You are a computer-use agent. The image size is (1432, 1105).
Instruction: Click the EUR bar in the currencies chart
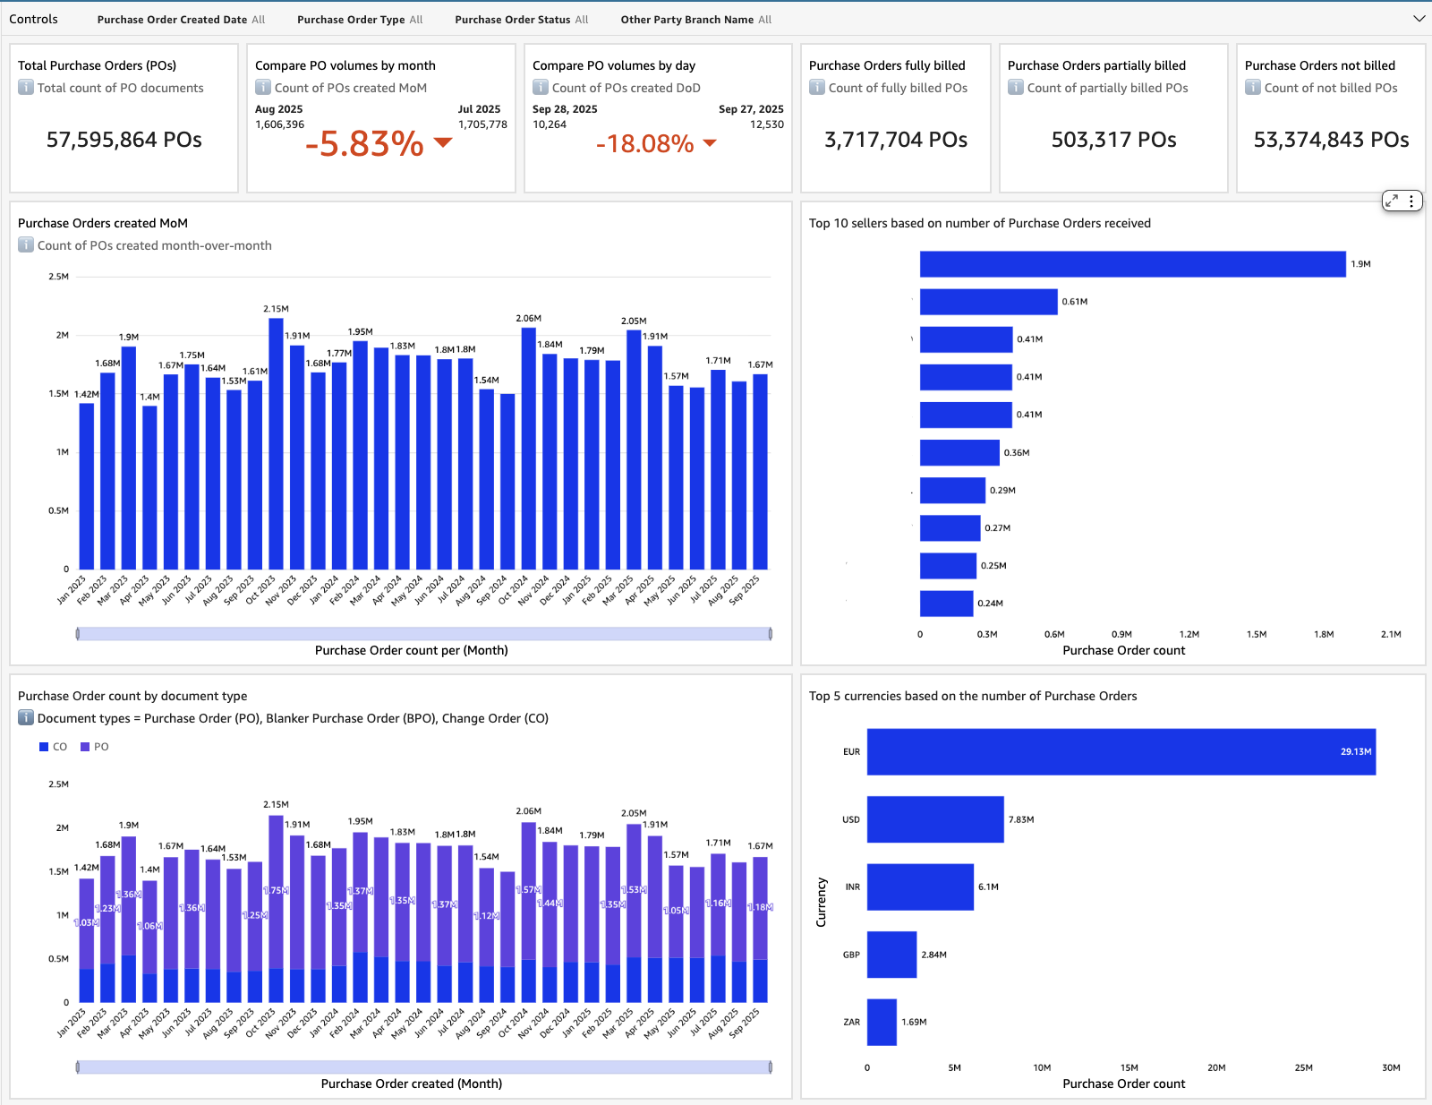click(x=1119, y=752)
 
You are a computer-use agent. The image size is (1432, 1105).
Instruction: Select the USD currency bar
click(x=935, y=819)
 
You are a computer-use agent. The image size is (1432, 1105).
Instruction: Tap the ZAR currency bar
click(x=882, y=1022)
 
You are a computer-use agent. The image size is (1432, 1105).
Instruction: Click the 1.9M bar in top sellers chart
click(x=1132, y=264)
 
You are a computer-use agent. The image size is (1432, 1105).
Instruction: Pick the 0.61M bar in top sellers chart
click(x=988, y=302)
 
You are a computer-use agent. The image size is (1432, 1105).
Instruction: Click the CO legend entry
click(x=53, y=747)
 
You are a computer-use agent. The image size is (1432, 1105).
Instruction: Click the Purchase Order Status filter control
click(x=521, y=20)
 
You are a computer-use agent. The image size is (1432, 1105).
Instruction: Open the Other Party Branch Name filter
click(x=695, y=20)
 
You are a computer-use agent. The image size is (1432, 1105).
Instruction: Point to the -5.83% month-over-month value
click(x=364, y=143)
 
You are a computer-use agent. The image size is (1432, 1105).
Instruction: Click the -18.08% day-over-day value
click(x=645, y=143)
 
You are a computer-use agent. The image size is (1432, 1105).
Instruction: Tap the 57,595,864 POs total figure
click(x=124, y=140)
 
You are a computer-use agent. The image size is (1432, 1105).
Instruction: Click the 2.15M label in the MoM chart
click(x=276, y=309)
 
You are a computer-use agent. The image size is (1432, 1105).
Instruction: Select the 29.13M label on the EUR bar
click(x=1355, y=752)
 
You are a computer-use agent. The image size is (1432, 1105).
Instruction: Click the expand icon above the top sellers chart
click(x=1392, y=201)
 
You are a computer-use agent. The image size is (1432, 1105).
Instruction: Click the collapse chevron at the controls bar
click(x=1419, y=19)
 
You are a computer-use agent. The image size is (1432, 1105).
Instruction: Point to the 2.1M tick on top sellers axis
click(x=1391, y=634)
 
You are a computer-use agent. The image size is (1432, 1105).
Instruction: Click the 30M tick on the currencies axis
click(x=1391, y=1067)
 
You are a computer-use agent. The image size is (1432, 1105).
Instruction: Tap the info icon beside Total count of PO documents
click(x=26, y=88)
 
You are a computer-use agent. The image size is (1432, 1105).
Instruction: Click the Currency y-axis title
click(x=821, y=902)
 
